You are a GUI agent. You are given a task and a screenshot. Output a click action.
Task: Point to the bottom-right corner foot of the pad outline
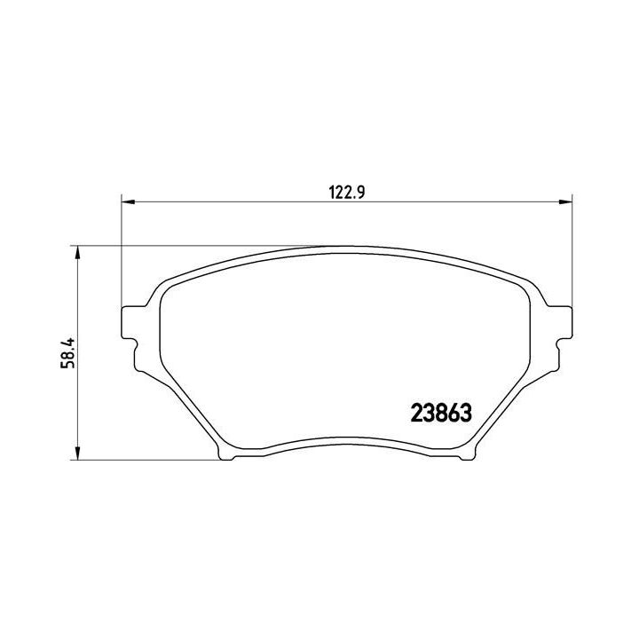pyautogui.click(x=465, y=455)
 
